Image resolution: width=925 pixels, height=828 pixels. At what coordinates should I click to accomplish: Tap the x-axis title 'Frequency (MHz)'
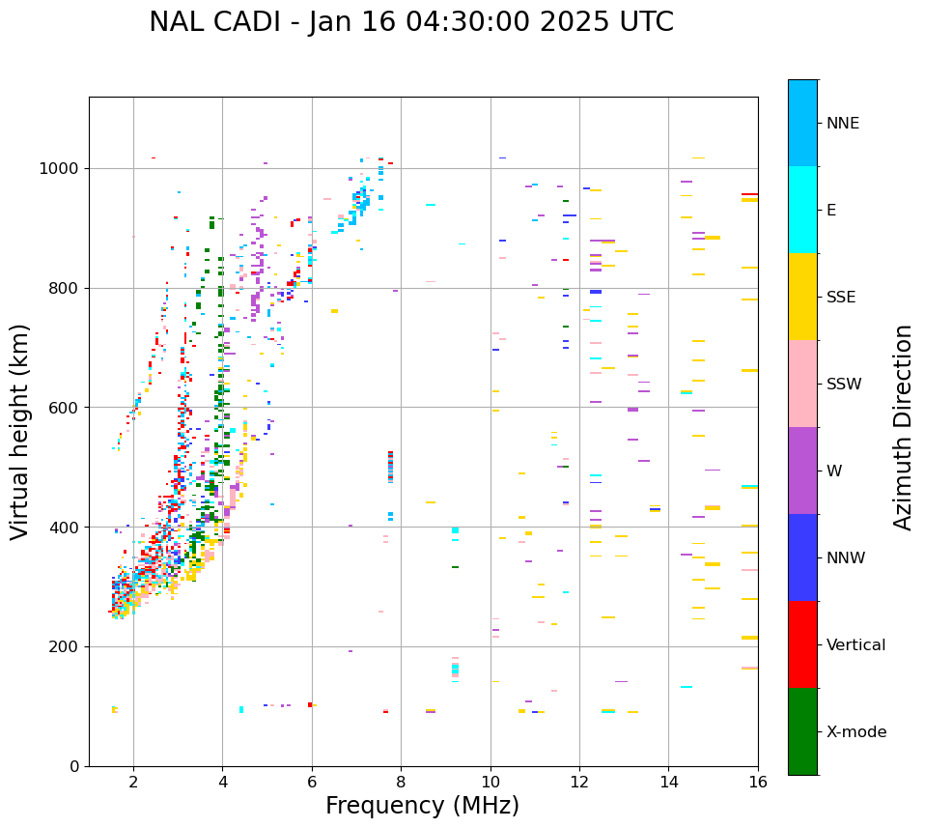tap(422, 806)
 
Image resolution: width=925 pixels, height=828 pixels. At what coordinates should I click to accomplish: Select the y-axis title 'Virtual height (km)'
tap(20, 431)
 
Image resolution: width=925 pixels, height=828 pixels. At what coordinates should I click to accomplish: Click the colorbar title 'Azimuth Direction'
tap(903, 426)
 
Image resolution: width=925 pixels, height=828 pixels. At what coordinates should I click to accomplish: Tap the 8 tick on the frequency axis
tap(401, 781)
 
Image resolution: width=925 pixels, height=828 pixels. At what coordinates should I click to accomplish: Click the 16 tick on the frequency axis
tap(758, 781)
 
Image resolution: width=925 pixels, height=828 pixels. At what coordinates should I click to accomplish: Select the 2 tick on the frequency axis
tap(133, 781)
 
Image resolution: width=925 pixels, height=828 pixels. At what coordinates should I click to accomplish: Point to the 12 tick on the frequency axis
tap(579, 781)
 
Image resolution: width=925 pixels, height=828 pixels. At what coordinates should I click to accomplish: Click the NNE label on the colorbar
tap(843, 124)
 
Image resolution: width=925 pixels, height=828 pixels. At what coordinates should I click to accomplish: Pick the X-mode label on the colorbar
tap(856, 732)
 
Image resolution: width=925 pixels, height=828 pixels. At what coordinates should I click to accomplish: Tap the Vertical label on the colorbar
tap(855, 645)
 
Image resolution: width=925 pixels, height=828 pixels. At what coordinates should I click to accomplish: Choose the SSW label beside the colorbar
tap(844, 385)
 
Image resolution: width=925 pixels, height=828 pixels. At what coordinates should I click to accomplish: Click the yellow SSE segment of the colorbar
tap(802, 297)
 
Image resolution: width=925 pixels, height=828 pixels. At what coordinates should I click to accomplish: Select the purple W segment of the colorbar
tap(802, 471)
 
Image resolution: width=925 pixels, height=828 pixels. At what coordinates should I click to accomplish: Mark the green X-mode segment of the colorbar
tap(802, 731)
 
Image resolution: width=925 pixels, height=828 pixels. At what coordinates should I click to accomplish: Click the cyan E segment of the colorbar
tap(802, 210)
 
